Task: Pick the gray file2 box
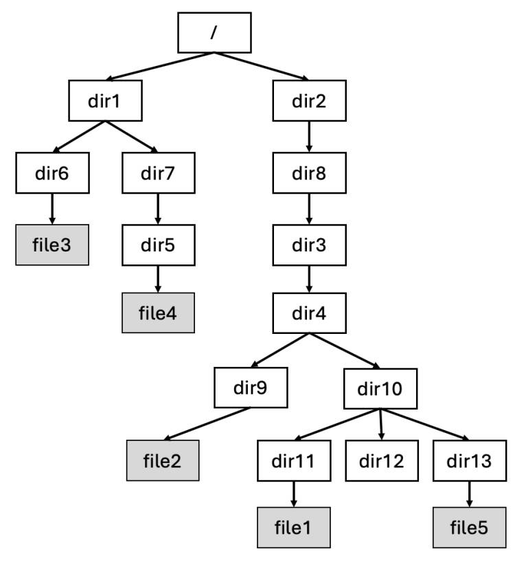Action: click(x=163, y=459)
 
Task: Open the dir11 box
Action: click(x=294, y=459)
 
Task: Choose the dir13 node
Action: click(x=468, y=459)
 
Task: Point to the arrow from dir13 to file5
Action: click(x=468, y=494)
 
